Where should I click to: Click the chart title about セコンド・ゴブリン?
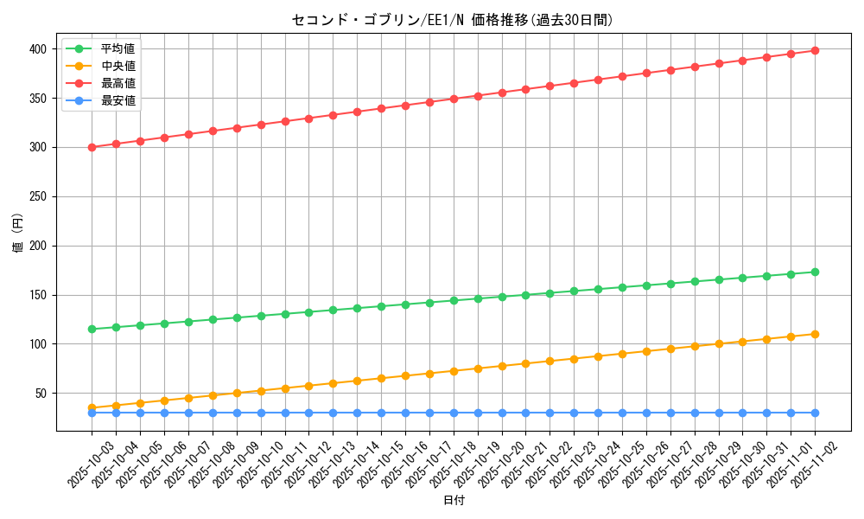(x=453, y=20)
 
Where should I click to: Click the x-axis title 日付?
(x=453, y=501)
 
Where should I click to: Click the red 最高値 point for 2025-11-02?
(x=815, y=50)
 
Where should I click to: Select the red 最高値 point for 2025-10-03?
(x=92, y=147)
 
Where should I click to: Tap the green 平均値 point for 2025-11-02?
(x=815, y=272)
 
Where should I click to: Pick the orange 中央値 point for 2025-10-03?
(x=92, y=407)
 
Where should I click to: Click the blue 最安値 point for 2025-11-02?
(x=815, y=413)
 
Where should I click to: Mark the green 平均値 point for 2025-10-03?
(x=92, y=329)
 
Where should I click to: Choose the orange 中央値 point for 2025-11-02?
(x=815, y=334)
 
